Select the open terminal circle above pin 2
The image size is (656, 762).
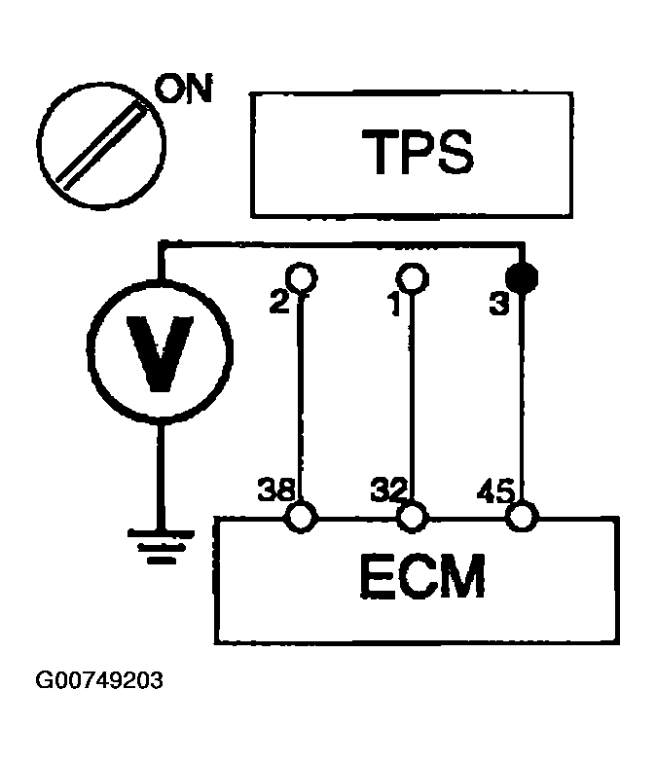(302, 277)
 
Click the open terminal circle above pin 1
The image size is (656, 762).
(413, 277)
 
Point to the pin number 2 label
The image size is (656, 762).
(279, 304)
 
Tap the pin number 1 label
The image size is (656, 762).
(393, 304)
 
